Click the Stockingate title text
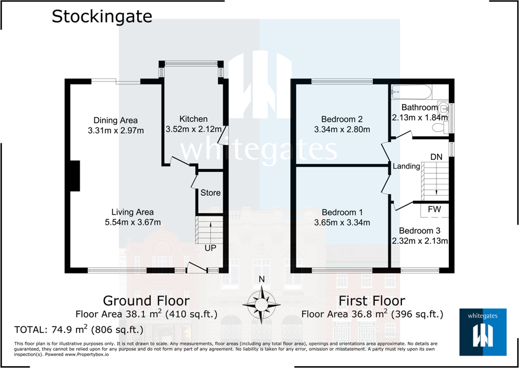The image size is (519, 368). [102, 16]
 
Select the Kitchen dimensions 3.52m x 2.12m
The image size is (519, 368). [194, 129]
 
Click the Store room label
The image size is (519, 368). [210, 193]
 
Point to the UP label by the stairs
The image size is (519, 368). [211, 248]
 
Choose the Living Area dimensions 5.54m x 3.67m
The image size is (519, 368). [132, 222]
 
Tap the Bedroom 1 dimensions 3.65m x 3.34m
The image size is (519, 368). [342, 223]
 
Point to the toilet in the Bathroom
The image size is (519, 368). [442, 108]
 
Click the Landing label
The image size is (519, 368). [407, 166]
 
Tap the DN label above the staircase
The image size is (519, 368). [436, 156]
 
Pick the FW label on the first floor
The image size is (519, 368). [434, 209]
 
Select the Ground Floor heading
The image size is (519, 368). [146, 300]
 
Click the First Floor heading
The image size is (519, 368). [372, 300]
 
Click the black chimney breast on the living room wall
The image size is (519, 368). [74, 176]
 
